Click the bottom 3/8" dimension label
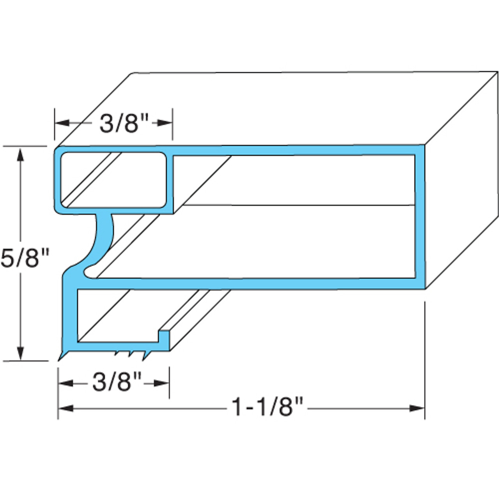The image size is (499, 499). pyautogui.click(x=117, y=383)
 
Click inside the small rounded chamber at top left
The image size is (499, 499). pyautogui.click(x=113, y=179)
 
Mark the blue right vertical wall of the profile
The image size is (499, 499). pyautogui.click(x=419, y=217)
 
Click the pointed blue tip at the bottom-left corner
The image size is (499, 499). pyautogui.click(x=61, y=357)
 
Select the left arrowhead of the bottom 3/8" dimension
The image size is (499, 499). pyautogui.click(x=65, y=383)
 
